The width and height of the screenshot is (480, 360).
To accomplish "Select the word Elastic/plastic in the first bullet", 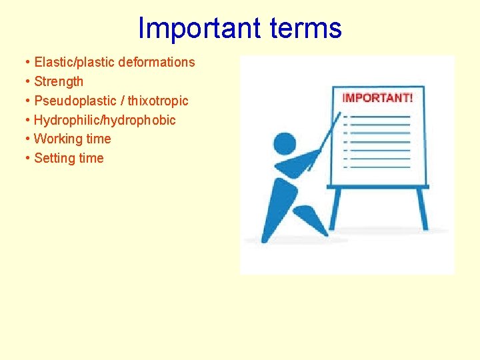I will click(74, 63).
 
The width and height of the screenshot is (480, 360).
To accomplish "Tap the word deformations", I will click(157, 63).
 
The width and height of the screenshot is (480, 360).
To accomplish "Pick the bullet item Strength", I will click(59, 82).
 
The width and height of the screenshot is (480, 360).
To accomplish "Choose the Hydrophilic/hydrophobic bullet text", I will click(105, 121).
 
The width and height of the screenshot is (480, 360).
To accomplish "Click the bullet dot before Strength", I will click(27, 82).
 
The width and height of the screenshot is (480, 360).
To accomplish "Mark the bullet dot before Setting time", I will click(27, 159).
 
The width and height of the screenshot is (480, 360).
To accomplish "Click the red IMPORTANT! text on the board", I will click(377, 98).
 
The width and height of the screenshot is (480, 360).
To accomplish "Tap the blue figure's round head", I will click(285, 143).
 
